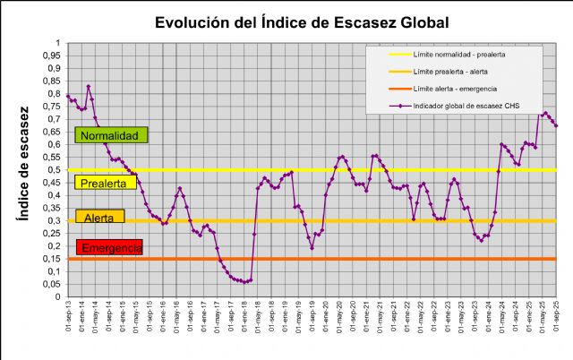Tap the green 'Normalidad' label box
pos(111,135)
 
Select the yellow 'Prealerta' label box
pos(107,183)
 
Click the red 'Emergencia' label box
pos(110,247)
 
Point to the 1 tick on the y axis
pos(58,43)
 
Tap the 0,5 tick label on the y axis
pos(55,170)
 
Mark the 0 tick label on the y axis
pos(58,297)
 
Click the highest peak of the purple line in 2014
pos(88,87)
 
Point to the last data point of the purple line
pos(556,125)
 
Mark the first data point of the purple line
pos(68,96)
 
